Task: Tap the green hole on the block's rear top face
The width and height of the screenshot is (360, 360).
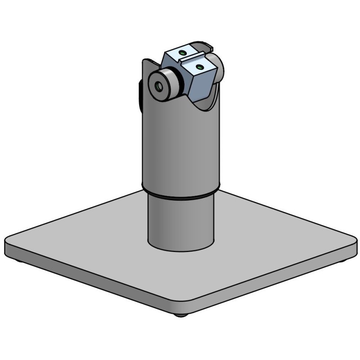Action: click(x=182, y=53)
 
